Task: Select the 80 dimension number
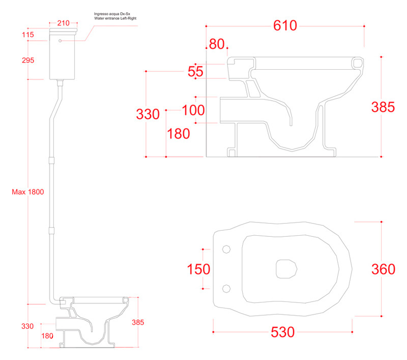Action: (x=217, y=44)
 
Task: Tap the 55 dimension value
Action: (x=195, y=71)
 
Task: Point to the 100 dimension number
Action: (x=194, y=109)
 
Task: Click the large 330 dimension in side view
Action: (x=148, y=114)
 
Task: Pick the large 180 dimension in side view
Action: (x=178, y=133)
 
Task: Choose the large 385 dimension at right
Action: (x=383, y=107)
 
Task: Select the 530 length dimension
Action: (x=282, y=332)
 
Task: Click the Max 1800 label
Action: (x=28, y=192)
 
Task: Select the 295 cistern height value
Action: (x=27, y=60)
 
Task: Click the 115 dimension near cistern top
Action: (x=27, y=35)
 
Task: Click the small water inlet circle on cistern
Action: (x=61, y=40)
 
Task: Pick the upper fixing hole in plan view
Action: (x=227, y=250)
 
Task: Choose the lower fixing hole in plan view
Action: (x=227, y=288)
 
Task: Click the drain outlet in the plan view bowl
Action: (x=287, y=268)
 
